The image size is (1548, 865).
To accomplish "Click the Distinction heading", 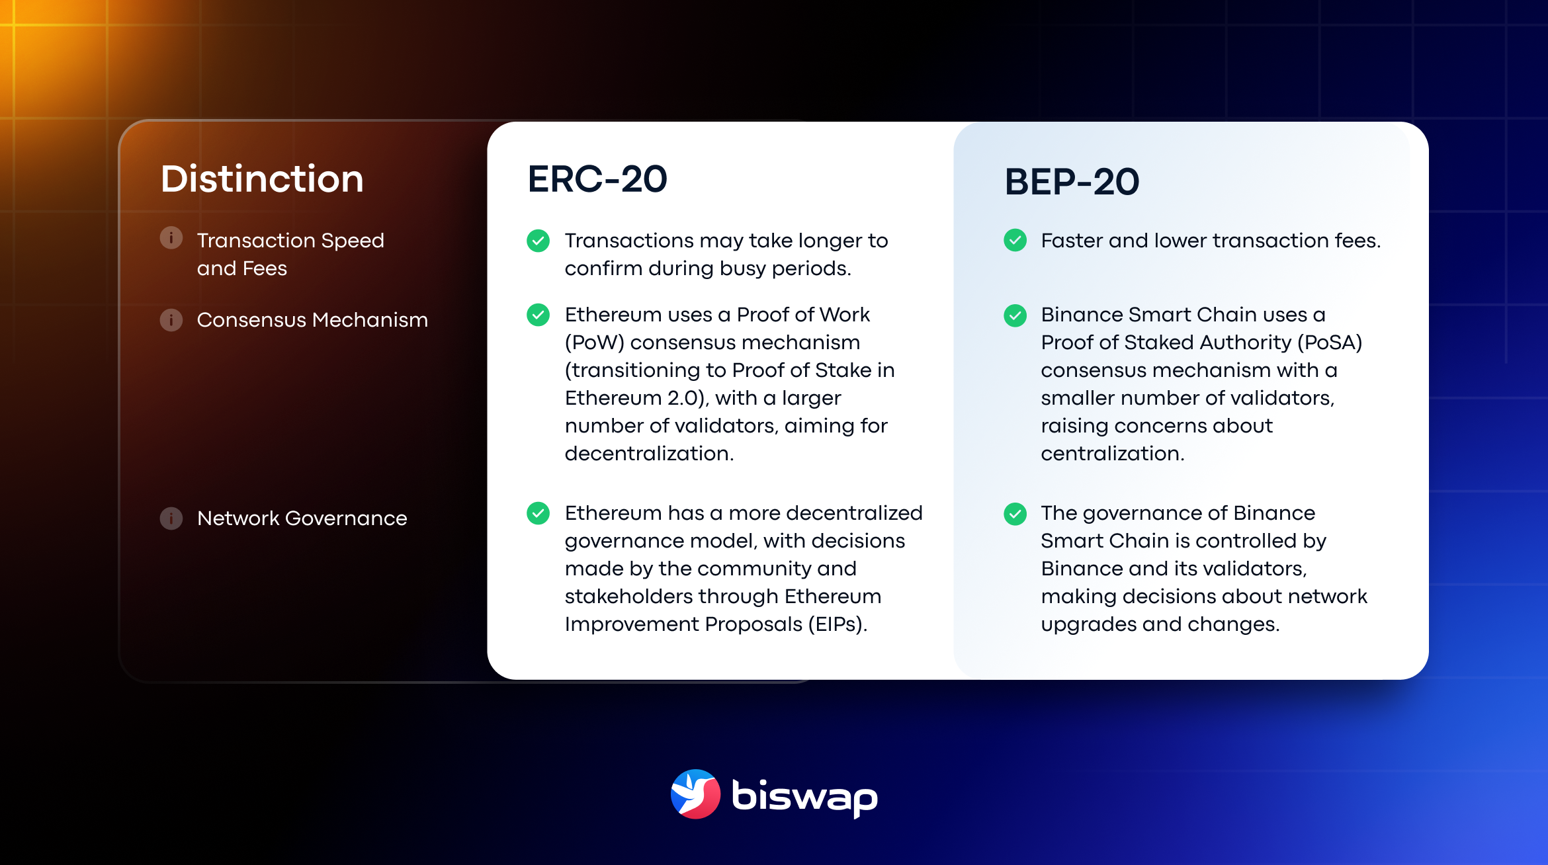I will pyautogui.click(x=262, y=179).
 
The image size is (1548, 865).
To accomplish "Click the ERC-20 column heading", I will pyautogui.click(x=597, y=179).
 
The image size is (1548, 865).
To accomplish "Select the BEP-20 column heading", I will pyautogui.click(x=1072, y=182).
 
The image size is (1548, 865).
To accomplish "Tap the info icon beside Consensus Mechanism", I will pyautogui.click(x=171, y=320).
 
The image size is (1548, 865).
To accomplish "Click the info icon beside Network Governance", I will pyautogui.click(x=171, y=518).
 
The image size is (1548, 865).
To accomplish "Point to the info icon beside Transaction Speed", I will pyautogui.click(x=171, y=237).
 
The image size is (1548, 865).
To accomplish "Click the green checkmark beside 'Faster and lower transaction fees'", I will pyautogui.click(x=1015, y=240).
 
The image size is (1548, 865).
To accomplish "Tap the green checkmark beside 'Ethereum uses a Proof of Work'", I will pyautogui.click(x=538, y=315).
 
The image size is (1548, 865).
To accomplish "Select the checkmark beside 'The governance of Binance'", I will pyautogui.click(x=1015, y=513).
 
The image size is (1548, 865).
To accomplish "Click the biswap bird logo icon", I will pyautogui.click(x=695, y=794).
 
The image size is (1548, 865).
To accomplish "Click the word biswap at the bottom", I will pyautogui.click(x=804, y=796).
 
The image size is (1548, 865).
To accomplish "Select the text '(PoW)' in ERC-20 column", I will pyautogui.click(x=594, y=343).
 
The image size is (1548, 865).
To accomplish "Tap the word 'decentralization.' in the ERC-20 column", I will pyautogui.click(x=649, y=454).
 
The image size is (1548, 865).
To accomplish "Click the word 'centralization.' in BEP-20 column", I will pyautogui.click(x=1112, y=454).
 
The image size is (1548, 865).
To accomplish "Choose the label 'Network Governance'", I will pyautogui.click(x=302, y=518).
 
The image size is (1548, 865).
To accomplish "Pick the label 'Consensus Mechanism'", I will pyautogui.click(x=312, y=320).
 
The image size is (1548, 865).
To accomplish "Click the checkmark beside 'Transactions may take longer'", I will pyautogui.click(x=538, y=241).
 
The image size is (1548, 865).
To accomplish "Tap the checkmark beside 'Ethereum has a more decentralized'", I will pyautogui.click(x=538, y=513).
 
